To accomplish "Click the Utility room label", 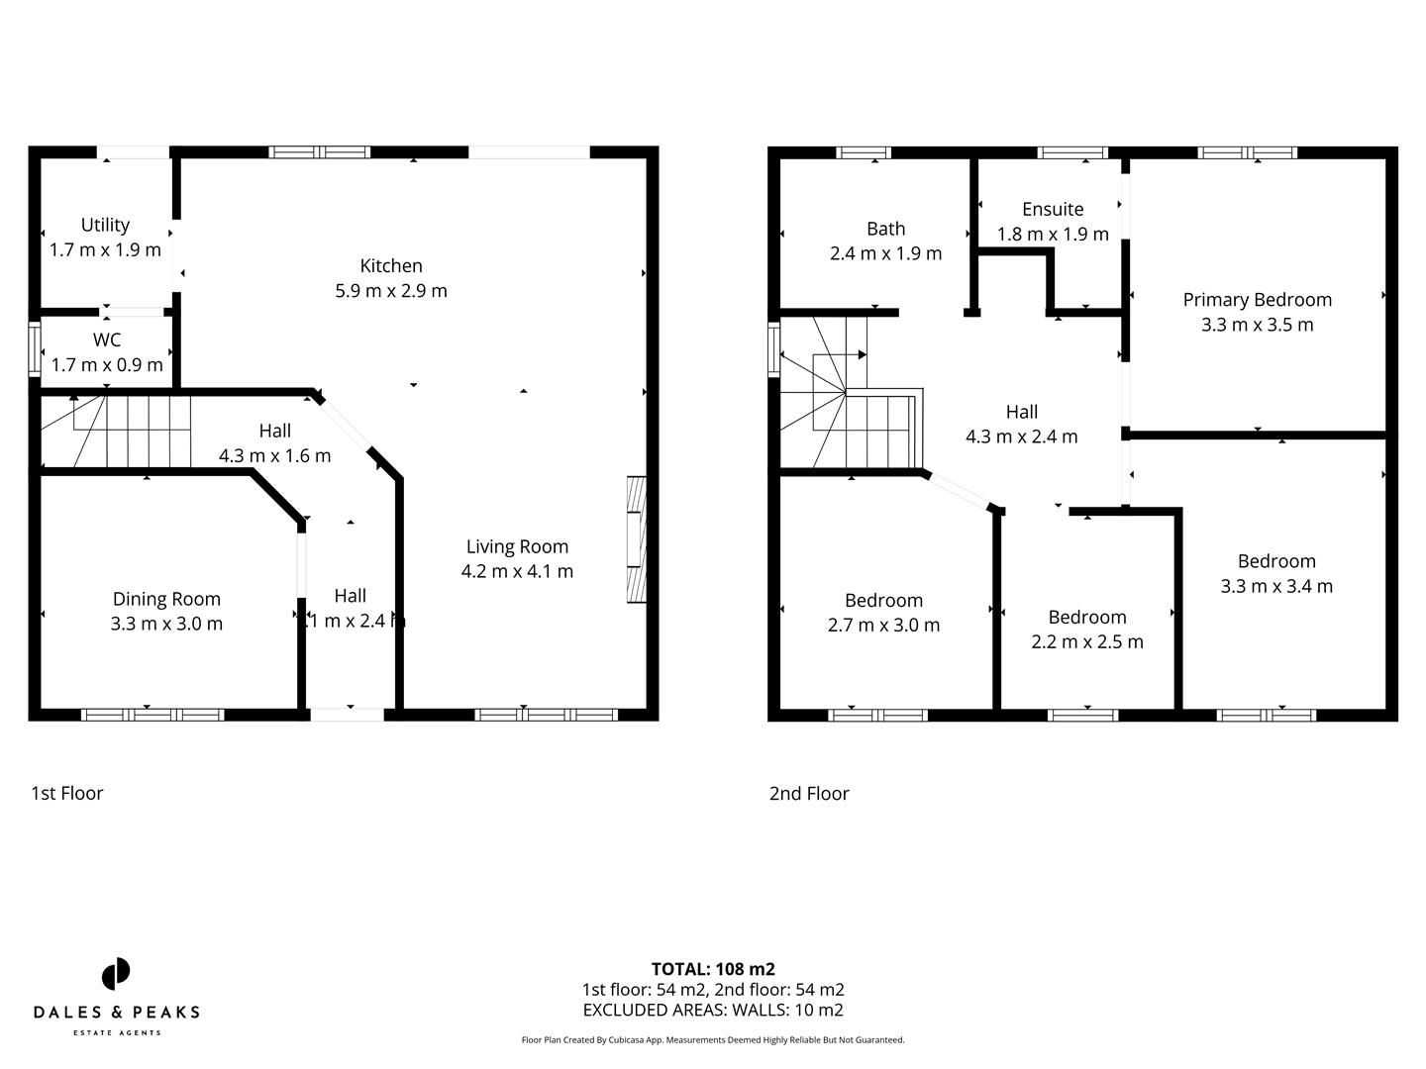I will (105, 225).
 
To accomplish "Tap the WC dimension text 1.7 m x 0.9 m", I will (107, 365).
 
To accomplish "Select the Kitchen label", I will (391, 265).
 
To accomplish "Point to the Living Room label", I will (517, 546).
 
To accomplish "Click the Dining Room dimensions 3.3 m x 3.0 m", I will (166, 624).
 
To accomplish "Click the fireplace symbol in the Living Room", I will (636, 539).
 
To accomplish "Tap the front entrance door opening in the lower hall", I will (347, 714).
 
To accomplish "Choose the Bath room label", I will (885, 229).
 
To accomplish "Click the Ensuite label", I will (1053, 209).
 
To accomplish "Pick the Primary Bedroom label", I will (1257, 300).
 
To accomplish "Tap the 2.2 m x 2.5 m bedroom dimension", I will (1087, 641).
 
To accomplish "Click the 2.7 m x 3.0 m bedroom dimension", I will (883, 625).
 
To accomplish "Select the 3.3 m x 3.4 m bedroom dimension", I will (1276, 586).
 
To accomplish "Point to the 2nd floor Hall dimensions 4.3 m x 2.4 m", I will (1021, 437).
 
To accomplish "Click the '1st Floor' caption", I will (67, 793).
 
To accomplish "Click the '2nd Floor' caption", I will (809, 793).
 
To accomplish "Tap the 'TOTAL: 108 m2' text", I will (713, 969).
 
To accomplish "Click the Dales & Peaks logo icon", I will (116, 973).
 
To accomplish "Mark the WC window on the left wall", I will (35, 348).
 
